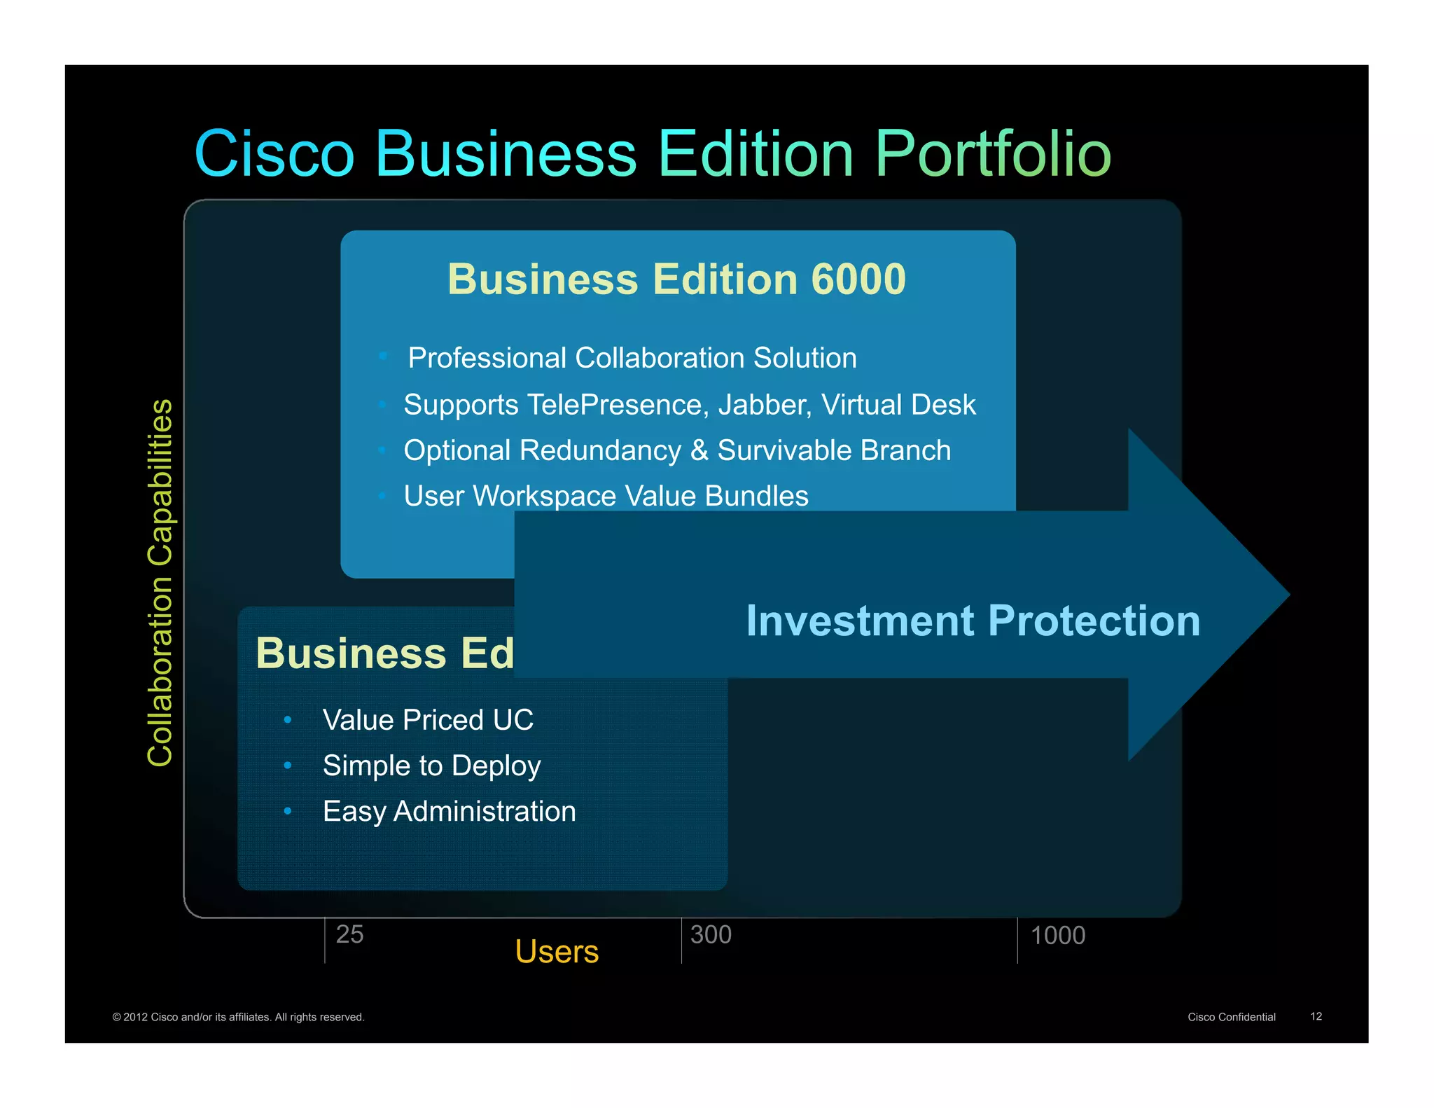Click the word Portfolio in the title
[992, 154]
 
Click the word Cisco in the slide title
[274, 154]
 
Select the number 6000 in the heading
[858, 279]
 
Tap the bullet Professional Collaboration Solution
[632, 358]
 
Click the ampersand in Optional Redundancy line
[699, 450]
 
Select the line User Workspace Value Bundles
[606, 496]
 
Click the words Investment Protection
[973, 621]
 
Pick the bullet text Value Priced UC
[428, 720]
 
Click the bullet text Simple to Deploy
[431, 766]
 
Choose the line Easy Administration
[449, 811]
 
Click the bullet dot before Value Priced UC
[288, 720]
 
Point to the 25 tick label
[349, 934]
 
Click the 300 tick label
[711, 934]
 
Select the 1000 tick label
[1057, 935]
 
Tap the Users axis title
[557, 951]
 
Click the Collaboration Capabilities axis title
[160, 583]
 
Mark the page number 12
[1316, 1016]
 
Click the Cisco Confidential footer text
[1231, 1017]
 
